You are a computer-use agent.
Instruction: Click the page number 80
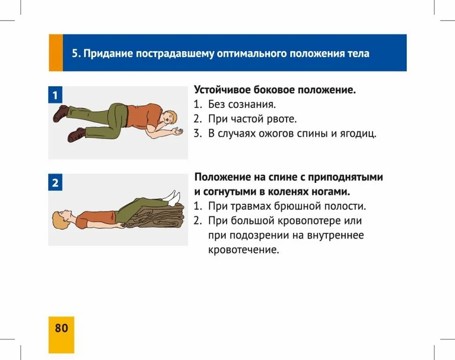61,328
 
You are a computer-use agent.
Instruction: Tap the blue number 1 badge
55,96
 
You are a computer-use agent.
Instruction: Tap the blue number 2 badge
55,183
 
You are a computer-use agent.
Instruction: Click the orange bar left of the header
55,53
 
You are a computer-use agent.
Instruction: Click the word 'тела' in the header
357,53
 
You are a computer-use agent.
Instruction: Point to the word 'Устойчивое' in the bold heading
222,90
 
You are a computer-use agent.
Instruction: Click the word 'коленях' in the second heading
297,192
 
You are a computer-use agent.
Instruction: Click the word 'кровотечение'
243,250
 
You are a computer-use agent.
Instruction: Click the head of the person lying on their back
63,219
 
